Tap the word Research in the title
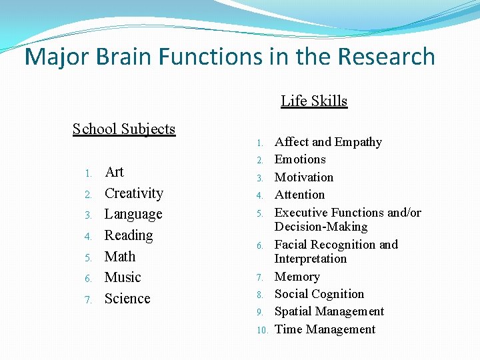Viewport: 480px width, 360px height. [387, 57]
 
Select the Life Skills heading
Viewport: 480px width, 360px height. [314, 101]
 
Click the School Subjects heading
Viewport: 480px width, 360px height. [124, 129]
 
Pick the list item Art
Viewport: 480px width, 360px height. [115, 172]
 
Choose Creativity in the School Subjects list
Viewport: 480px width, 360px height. [134, 193]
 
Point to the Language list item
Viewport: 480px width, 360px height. [133, 215]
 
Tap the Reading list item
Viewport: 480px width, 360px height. [129, 235]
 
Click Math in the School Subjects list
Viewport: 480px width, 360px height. [120, 257]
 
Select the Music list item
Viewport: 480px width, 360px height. [123, 277]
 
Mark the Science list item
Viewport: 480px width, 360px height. [127, 299]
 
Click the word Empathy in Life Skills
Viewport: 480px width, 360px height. [359, 142]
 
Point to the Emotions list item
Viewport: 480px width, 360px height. [300, 159]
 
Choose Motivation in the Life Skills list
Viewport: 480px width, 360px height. [304, 177]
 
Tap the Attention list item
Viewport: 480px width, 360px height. [299, 195]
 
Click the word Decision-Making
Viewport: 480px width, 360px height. [321, 227]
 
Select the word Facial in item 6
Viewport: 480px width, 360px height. [291, 245]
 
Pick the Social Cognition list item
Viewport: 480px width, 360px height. [319, 294]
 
